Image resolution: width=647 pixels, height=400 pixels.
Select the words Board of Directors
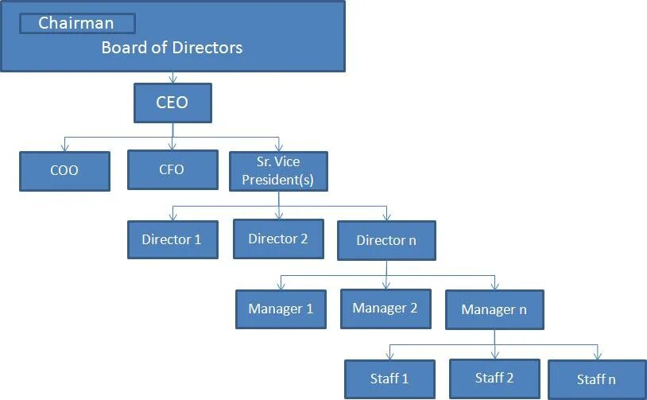tap(172, 48)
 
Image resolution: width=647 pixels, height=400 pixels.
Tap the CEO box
tap(172, 103)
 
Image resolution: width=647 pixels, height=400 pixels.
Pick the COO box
tap(64, 169)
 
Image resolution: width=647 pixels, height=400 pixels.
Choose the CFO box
tap(172, 169)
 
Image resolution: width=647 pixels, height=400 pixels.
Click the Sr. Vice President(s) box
tap(279, 170)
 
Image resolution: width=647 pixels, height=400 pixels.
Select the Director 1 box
tap(172, 239)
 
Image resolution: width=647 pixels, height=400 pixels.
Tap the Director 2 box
tap(278, 238)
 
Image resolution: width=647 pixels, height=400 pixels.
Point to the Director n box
tap(386, 239)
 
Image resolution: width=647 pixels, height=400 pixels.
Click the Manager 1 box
tap(281, 309)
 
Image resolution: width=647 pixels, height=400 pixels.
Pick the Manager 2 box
tap(385, 308)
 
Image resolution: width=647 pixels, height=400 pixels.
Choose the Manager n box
tap(494, 309)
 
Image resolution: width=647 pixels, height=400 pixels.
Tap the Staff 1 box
tap(389, 379)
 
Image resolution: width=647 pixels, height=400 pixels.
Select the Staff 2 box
tap(494, 378)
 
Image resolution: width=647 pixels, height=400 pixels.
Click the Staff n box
tap(596, 379)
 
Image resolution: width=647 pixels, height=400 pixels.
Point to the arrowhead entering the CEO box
tap(172, 80)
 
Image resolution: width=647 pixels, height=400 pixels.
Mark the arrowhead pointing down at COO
tap(65, 146)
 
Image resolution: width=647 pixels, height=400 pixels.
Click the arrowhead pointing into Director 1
tap(172, 216)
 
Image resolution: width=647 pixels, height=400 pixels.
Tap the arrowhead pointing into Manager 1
tap(281, 286)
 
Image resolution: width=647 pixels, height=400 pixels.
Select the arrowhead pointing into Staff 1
tap(389, 356)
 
